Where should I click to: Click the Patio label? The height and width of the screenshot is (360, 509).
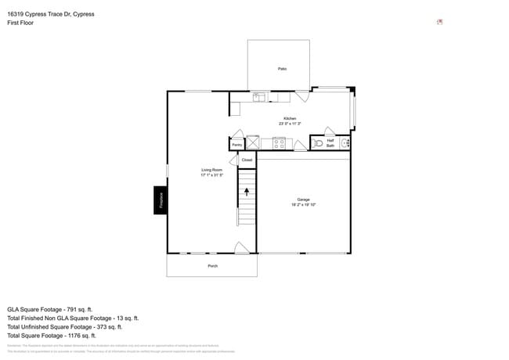pos(282,69)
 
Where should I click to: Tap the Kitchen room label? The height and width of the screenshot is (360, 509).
pos(290,118)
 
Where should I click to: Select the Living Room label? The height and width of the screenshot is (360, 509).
pos(211,170)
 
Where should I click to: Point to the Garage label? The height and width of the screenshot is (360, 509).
pos(303,200)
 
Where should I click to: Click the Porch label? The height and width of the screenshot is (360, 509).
pos(212,266)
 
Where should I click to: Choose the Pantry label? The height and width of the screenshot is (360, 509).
pos(236,145)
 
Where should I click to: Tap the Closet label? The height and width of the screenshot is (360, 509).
pos(247,160)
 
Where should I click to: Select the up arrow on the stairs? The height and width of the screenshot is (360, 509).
pos(247,190)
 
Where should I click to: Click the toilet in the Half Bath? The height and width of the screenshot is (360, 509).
pos(318,143)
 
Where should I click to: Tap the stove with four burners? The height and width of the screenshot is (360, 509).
pos(279,143)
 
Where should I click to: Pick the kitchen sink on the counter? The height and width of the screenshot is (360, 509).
pos(259,97)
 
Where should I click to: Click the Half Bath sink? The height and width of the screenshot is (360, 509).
pos(345,143)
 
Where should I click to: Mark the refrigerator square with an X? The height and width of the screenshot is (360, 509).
pos(252,142)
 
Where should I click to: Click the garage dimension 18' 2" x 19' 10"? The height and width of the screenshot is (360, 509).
pos(303,205)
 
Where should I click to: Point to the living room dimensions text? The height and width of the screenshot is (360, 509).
pos(211,175)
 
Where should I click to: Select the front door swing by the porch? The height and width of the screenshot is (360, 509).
pos(243,248)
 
